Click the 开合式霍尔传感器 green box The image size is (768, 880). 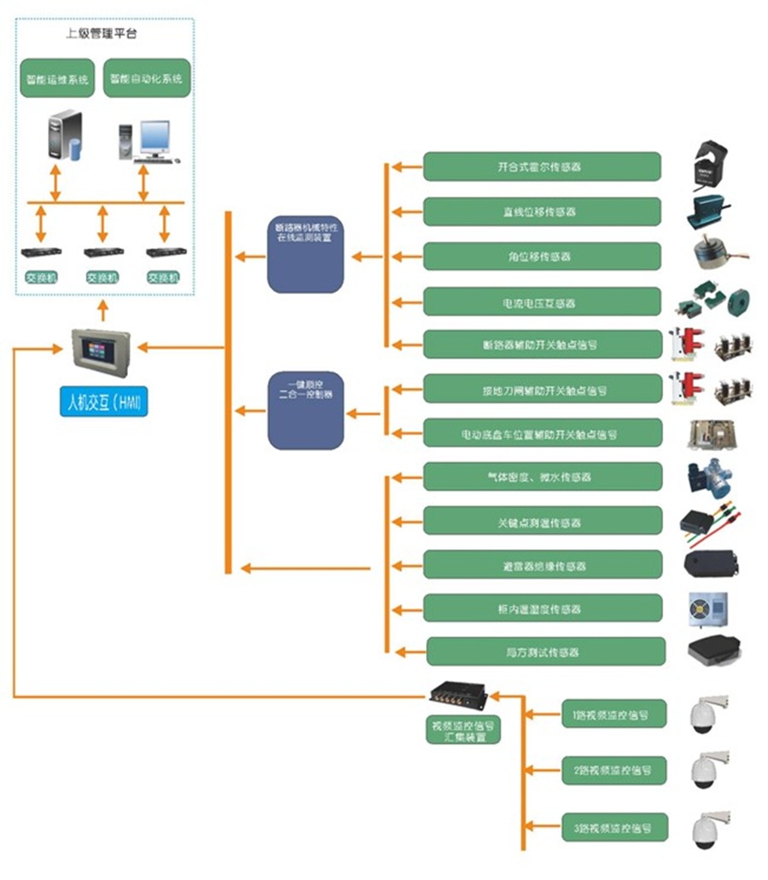coord(542,166)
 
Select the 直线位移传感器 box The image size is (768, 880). coord(542,211)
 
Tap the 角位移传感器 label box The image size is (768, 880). coord(542,257)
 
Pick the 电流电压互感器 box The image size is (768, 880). coord(542,302)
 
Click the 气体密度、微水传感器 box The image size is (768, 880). coord(542,477)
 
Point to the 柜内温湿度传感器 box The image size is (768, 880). coord(542,608)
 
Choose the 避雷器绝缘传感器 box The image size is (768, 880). coord(542,564)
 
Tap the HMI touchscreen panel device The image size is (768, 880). coord(102,349)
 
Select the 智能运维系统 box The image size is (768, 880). coord(57,78)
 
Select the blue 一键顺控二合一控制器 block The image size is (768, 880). coord(305,410)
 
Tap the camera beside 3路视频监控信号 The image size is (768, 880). coord(707,826)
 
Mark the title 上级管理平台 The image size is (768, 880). coord(102,34)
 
